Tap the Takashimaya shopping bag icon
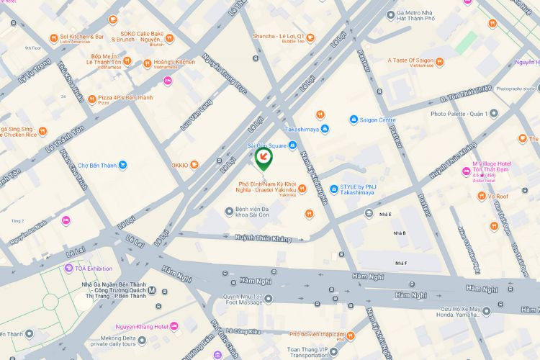point(326,129)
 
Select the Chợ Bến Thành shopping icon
point(123,165)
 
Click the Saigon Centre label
point(377,120)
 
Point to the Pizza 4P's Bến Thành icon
point(91,98)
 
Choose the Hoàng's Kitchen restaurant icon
point(147,63)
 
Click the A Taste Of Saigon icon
point(439,63)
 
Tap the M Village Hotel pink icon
point(465,171)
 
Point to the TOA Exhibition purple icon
point(69,269)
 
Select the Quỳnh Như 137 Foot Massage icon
point(269,298)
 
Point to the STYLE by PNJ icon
point(334,189)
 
